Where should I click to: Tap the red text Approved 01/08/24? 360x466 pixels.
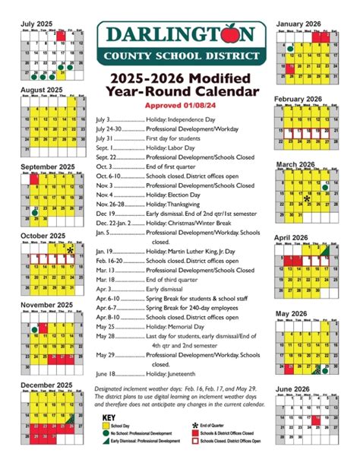(x=180, y=106)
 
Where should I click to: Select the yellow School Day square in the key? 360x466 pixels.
(x=105, y=426)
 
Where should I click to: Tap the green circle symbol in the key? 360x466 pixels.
(x=105, y=434)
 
